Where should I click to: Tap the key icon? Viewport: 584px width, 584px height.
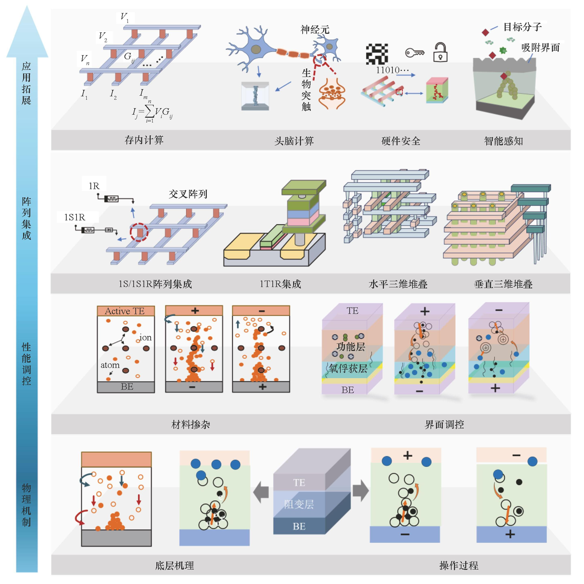[415, 53]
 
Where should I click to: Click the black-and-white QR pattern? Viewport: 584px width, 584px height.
[377, 54]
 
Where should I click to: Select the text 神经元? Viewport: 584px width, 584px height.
[315, 30]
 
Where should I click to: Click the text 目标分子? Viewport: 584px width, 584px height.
[522, 27]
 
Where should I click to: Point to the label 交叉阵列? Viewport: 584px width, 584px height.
[188, 194]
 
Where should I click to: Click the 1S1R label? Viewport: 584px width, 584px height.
[74, 217]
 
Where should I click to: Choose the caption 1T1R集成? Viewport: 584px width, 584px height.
[280, 284]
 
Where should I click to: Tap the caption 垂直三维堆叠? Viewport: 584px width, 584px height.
[503, 284]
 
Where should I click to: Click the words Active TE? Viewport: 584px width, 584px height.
[125, 311]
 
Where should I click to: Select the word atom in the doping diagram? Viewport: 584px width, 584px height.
[110, 365]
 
